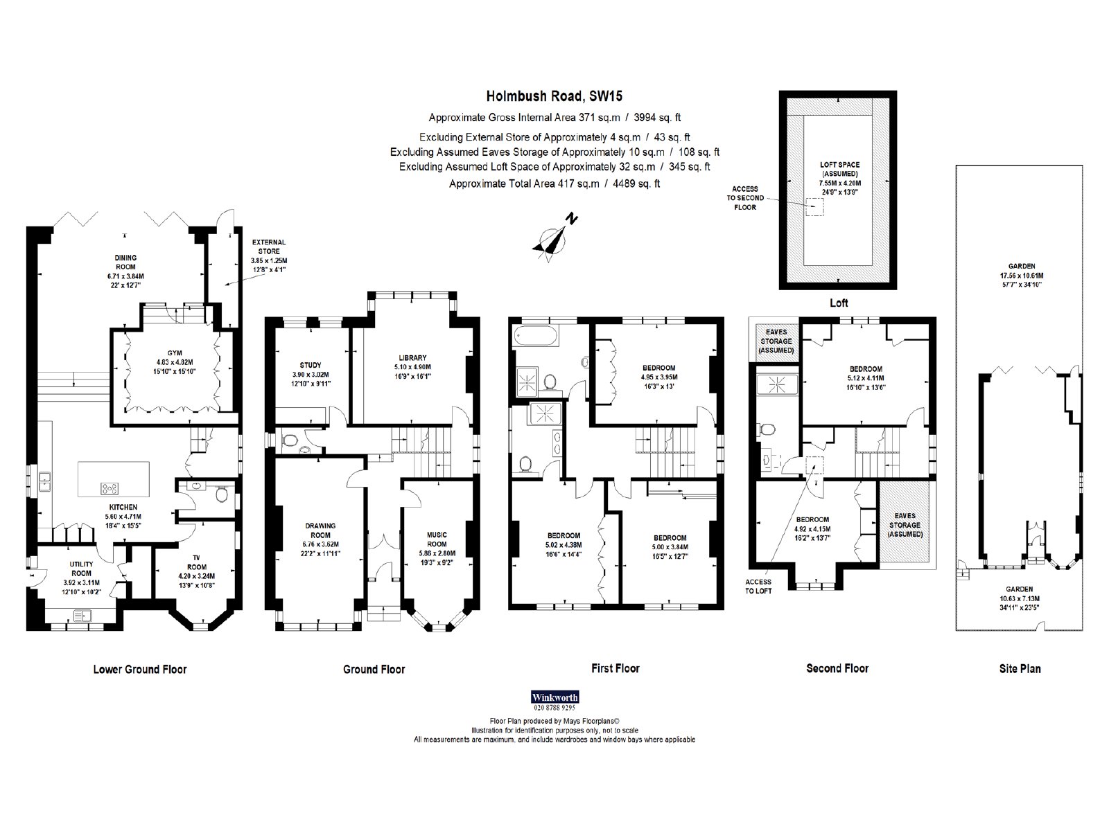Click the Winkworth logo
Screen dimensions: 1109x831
click(x=554, y=697)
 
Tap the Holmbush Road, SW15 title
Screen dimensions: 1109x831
click(x=554, y=96)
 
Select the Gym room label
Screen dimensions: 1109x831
click(x=174, y=361)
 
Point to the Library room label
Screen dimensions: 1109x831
click(x=412, y=367)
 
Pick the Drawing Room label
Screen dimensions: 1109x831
click(x=320, y=539)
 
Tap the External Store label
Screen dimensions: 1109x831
click(x=269, y=256)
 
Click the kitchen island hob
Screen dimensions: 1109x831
click(x=110, y=488)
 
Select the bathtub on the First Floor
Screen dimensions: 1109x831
click(x=534, y=336)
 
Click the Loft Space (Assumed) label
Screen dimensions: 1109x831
click(x=839, y=178)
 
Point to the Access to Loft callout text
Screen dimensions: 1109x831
click(x=758, y=587)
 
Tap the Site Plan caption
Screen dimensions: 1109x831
click(x=1020, y=669)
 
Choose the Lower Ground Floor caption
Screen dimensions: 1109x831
click(x=140, y=670)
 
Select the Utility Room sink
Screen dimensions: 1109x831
click(x=81, y=616)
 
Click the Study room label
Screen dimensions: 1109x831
click(x=311, y=374)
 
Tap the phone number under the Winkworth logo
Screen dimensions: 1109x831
click(x=554, y=708)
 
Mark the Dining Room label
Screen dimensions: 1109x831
click(x=125, y=271)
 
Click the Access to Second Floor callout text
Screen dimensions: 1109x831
click(x=744, y=198)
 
